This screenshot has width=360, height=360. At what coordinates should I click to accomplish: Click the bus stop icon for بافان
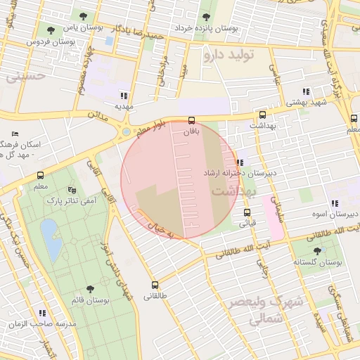tap(192, 120)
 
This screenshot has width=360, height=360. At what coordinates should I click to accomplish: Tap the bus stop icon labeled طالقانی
tap(155, 285)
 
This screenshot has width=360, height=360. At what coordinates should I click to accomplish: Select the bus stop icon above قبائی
tap(247, 212)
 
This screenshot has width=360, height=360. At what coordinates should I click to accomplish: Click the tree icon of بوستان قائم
tap(89, 289)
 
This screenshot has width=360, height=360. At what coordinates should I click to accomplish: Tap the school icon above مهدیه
tap(124, 95)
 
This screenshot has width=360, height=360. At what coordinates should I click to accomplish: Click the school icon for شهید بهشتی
tap(306, 91)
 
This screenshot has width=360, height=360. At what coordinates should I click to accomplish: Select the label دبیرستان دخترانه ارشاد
tap(240, 173)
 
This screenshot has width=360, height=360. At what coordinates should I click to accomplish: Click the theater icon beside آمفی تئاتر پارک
tap(71, 190)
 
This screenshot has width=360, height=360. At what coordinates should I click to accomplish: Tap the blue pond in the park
tap(49, 231)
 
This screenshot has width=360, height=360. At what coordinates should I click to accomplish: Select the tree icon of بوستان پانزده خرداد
tap(205, 18)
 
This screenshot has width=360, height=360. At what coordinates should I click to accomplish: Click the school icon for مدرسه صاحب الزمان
tap(42, 313)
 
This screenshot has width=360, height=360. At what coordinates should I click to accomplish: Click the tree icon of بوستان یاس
tap(84, 15)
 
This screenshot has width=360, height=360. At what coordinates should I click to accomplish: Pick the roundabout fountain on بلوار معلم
tap(126, 131)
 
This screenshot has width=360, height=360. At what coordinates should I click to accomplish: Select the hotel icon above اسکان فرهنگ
tap(15, 134)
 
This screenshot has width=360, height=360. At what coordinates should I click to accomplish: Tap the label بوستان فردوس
tap(51, 42)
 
